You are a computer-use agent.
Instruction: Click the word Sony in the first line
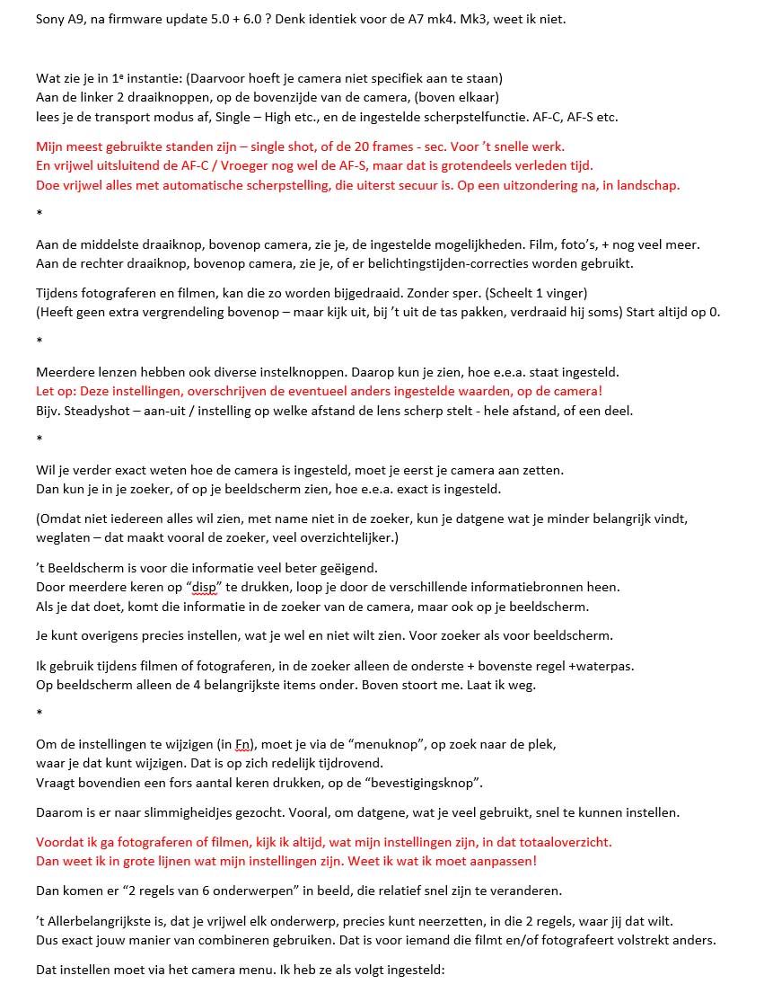(50, 18)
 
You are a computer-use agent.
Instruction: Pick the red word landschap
(646, 185)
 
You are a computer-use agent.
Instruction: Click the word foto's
(562, 244)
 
